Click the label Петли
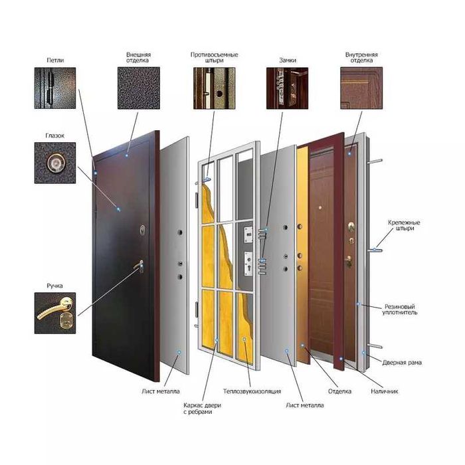pos(55,60)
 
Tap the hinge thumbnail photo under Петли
pos(55,88)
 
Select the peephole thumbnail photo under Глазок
pos(55,163)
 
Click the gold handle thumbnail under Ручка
pos(55,313)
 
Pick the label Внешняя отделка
pos(138,58)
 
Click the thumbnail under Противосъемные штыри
pos(214,88)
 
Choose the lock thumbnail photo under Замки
pos(288,88)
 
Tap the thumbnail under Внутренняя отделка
pos(361,88)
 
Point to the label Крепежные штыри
pos(404,225)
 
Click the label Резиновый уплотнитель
pos(400,310)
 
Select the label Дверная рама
pos(402,363)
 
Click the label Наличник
pos(385,391)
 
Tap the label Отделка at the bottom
pos(339,391)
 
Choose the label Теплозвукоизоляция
pos(252,391)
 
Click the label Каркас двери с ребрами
pos(202,409)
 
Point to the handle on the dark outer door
pos(139,265)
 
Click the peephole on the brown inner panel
pos(320,208)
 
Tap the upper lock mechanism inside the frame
pos(248,235)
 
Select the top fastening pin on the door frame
pos(375,161)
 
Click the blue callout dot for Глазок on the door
pos(118,210)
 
